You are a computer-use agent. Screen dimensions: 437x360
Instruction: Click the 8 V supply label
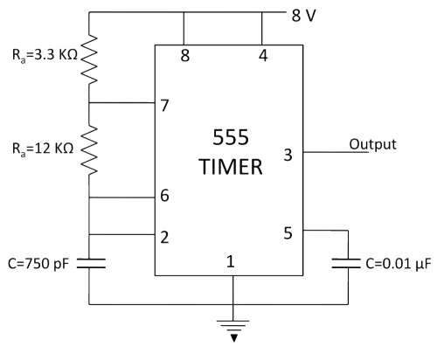(x=303, y=16)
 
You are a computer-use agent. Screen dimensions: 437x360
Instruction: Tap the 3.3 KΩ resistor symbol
(x=89, y=59)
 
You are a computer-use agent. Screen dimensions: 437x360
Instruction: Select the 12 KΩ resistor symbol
(x=89, y=150)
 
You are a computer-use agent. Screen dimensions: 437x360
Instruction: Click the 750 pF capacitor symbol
(x=91, y=263)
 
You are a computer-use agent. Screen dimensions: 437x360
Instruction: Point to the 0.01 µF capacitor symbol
(x=346, y=263)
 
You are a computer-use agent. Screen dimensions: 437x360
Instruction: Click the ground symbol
(x=233, y=330)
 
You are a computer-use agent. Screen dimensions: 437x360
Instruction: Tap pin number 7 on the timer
(x=164, y=106)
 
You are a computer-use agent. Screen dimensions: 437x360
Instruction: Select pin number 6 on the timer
(x=164, y=196)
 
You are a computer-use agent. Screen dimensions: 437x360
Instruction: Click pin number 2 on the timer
(x=164, y=237)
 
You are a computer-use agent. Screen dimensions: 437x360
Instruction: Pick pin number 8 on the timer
(x=185, y=55)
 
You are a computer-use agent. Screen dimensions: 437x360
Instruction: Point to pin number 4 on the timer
(x=263, y=55)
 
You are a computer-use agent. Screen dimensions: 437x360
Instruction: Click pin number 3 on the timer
(x=288, y=155)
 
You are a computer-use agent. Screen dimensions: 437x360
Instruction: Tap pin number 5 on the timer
(x=288, y=233)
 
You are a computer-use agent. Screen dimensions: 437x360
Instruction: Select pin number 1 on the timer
(x=231, y=261)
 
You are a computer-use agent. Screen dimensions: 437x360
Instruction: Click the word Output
(x=373, y=144)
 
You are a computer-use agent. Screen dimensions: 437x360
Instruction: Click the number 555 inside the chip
(x=231, y=137)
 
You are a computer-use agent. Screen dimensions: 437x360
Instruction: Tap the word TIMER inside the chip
(x=231, y=167)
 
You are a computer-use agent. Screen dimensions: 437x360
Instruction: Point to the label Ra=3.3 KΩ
(x=45, y=55)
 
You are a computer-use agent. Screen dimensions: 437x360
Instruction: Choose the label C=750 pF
(x=38, y=264)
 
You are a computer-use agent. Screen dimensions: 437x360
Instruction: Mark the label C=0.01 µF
(x=398, y=264)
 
